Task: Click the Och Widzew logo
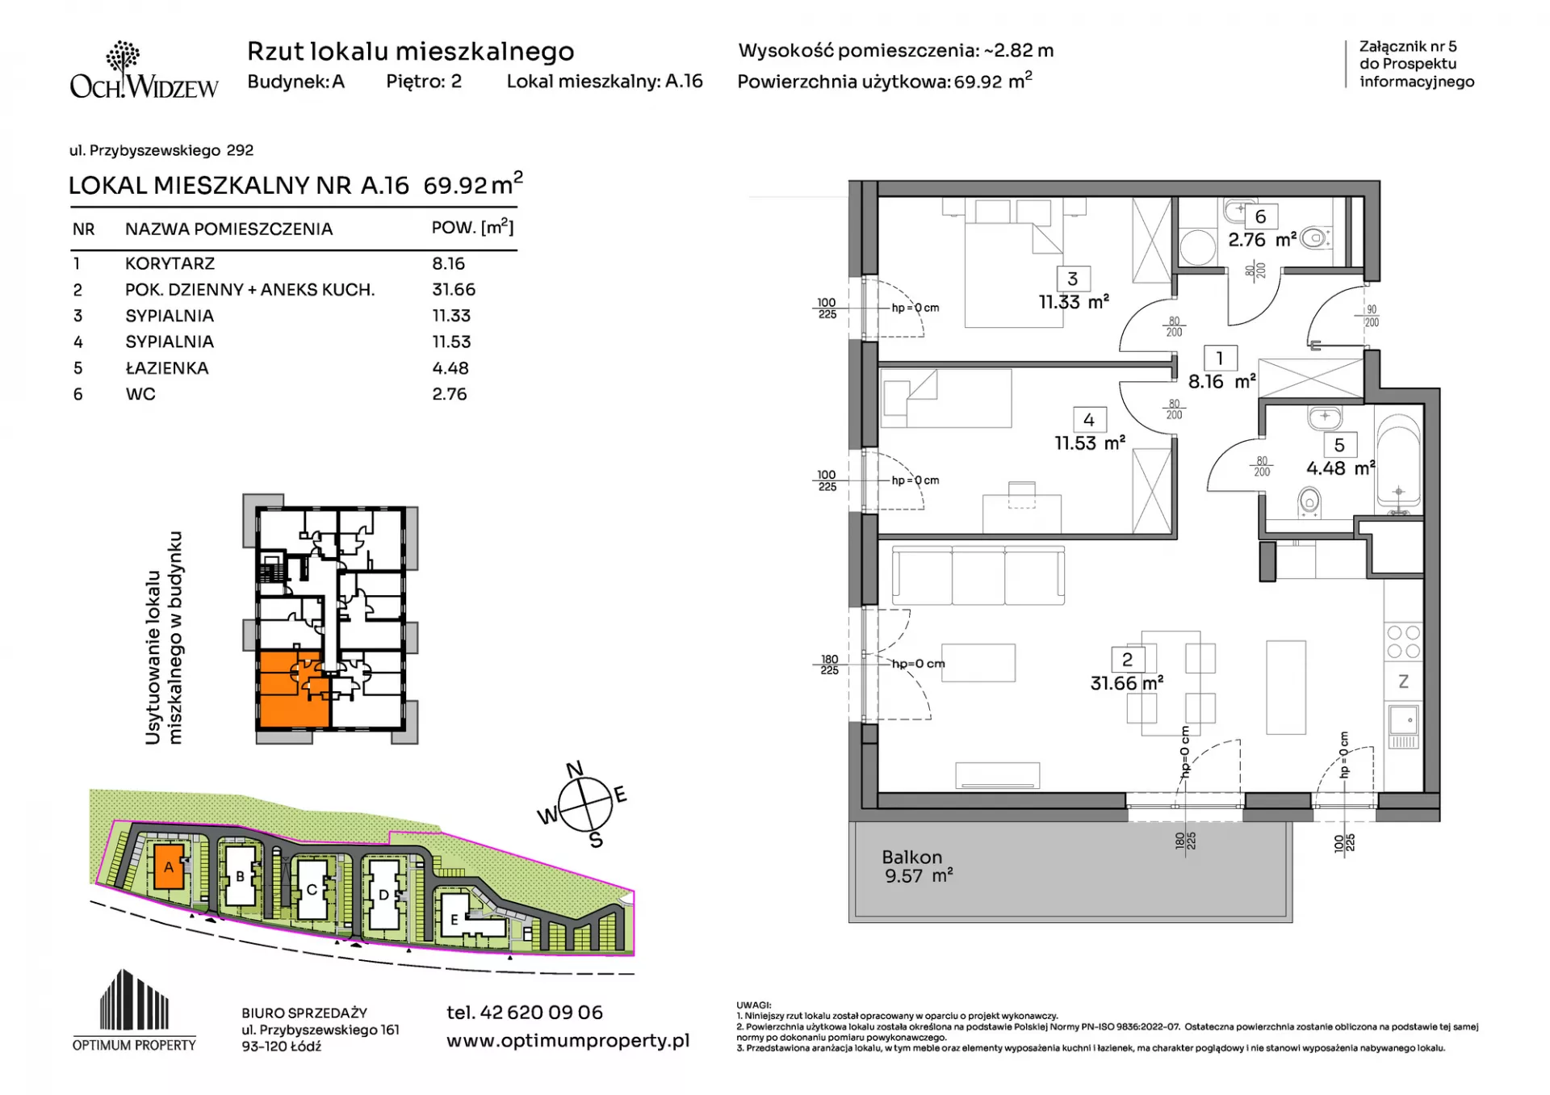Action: click(144, 70)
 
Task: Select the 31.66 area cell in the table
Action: click(454, 289)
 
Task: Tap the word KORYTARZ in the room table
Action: click(170, 263)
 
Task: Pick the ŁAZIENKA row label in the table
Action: click(167, 367)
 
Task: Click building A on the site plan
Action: click(168, 866)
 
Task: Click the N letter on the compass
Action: click(575, 770)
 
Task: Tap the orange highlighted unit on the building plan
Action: click(292, 689)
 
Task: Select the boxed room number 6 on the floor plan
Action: click(1260, 216)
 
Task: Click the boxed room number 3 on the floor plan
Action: click(1072, 279)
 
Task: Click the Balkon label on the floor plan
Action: click(911, 857)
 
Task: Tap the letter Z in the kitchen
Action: click(1403, 682)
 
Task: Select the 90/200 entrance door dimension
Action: click(1372, 316)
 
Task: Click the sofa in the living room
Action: click(978, 574)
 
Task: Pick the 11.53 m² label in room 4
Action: click(1090, 443)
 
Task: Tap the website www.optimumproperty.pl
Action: click(568, 1041)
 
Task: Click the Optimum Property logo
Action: click(134, 1010)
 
